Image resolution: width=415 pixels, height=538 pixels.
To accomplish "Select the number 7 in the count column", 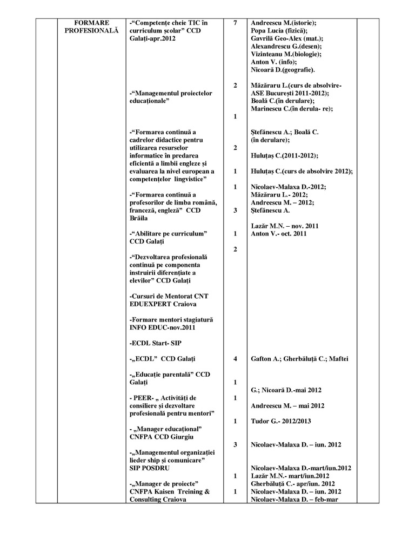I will pyautogui.click(x=235, y=23).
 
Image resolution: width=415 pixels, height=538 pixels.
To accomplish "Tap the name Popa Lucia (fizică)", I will pyautogui.click(x=279, y=31).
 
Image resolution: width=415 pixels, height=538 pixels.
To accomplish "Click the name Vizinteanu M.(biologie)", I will pyautogui.click(x=286, y=54).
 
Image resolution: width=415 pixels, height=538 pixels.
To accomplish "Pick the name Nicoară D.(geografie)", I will pyautogui.click(x=283, y=70).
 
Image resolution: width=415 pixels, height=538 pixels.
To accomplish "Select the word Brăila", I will pyautogui.click(x=143, y=218).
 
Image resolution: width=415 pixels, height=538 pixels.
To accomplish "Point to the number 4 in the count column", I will pyautogui.click(x=235, y=358).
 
